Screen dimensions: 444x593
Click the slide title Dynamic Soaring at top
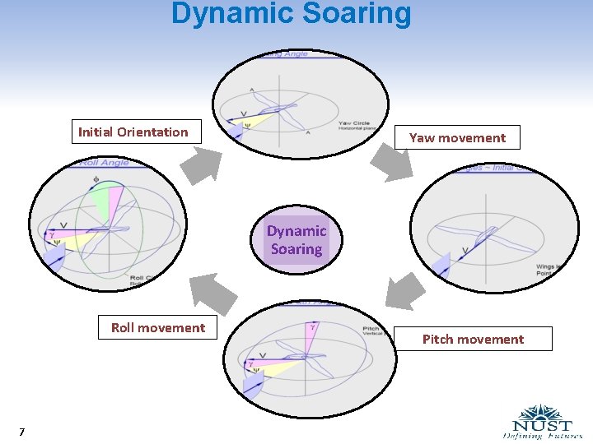(291, 14)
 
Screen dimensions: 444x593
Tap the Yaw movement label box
(457, 137)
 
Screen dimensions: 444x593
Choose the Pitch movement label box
(473, 339)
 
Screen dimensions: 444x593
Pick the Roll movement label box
(158, 327)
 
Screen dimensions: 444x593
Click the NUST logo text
(544, 426)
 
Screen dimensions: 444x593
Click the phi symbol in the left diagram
(97, 178)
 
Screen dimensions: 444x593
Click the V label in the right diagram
(465, 250)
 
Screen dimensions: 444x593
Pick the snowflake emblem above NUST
(541, 412)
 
